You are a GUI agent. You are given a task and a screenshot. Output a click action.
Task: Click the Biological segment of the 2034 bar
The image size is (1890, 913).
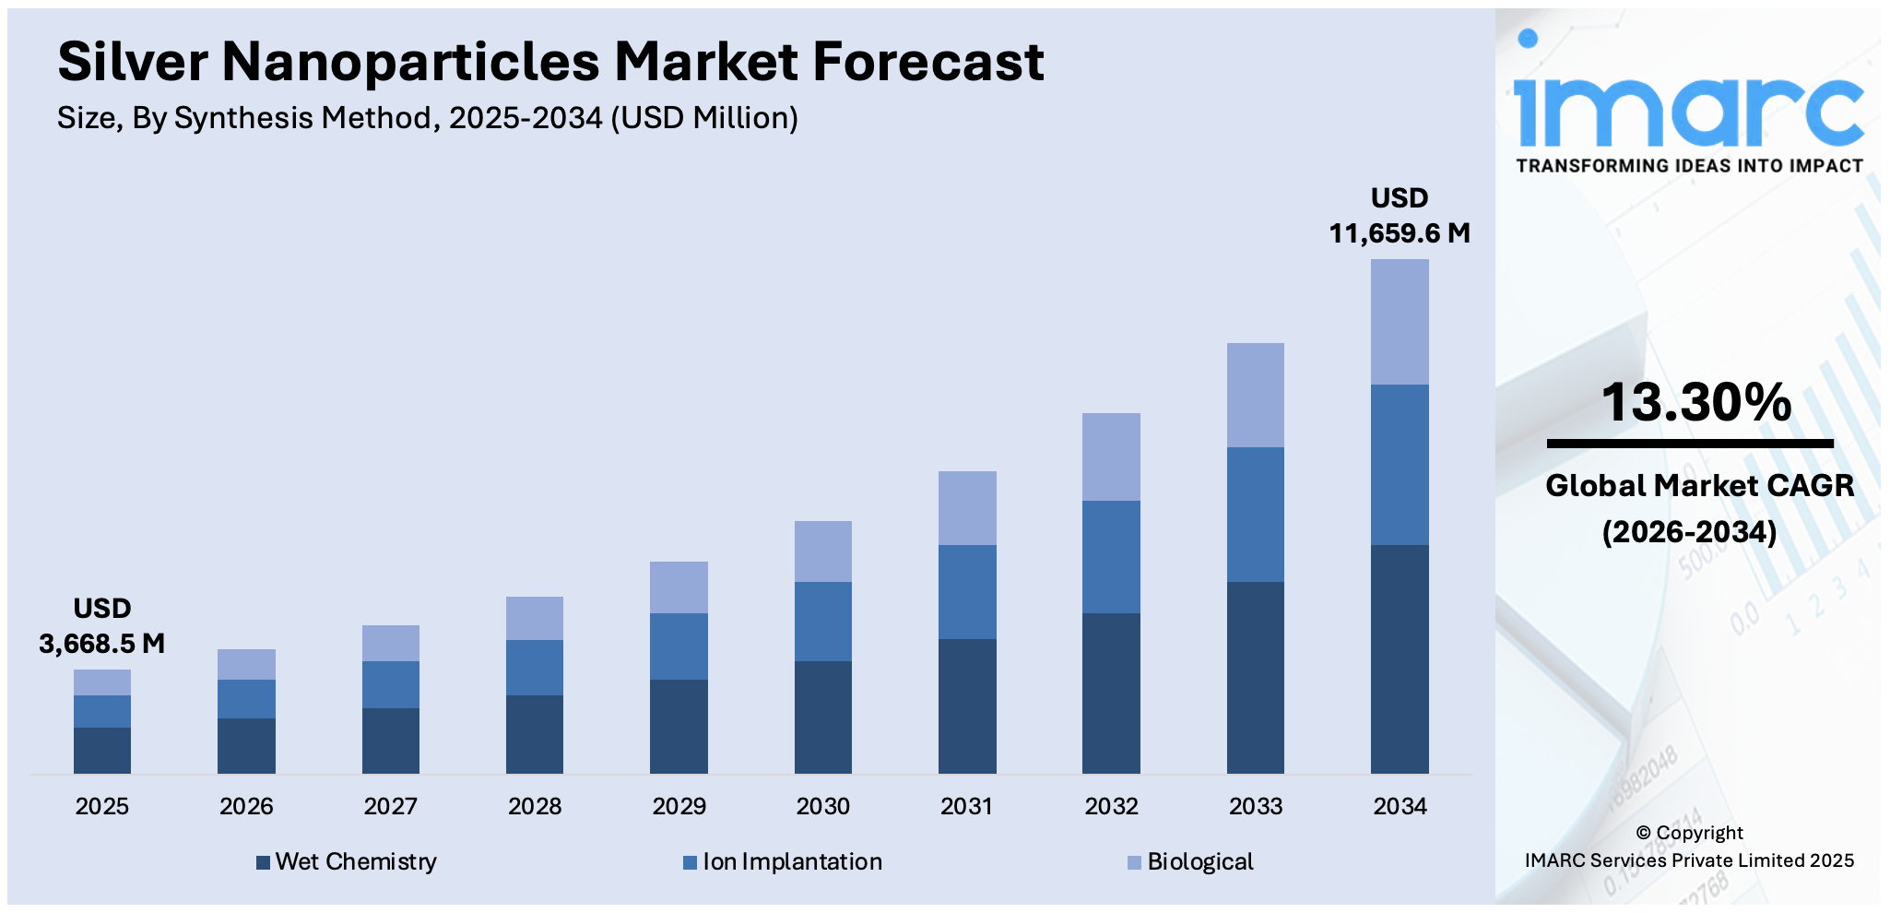pyautogui.click(x=1400, y=321)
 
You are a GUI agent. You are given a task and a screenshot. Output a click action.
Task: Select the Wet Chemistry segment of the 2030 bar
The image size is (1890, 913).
pyautogui.click(x=822, y=717)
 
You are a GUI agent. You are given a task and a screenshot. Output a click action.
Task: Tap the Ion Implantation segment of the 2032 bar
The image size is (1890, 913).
pyautogui.click(x=1111, y=556)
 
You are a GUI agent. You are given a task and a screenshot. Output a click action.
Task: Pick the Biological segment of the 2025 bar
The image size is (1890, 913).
pyautogui.click(x=102, y=682)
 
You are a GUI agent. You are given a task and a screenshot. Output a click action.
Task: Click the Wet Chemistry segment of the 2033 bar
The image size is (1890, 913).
pyautogui.click(x=1255, y=677)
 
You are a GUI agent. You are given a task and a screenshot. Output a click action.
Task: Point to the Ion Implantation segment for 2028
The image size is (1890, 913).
pyautogui.click(x=535, y=667)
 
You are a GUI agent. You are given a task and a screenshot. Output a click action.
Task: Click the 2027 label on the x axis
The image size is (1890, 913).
pyautogui.click(x=390, y=806)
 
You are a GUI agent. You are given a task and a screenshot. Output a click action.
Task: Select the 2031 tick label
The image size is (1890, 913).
pyautogui.click(x=967, y=806)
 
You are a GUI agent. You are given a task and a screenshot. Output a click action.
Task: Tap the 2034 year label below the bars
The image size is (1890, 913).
pyautogui.click(x=1400, y=806)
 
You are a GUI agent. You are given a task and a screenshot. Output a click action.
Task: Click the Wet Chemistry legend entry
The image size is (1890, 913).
pyautogui.click(x=347, y=861)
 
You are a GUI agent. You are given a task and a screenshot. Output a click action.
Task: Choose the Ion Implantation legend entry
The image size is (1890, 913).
pyautogui.click(x=783, y=861)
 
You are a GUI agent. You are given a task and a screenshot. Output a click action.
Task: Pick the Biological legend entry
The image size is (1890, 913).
pyautogui.click(x=1190, y=861)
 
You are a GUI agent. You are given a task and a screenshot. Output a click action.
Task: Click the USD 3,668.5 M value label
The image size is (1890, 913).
pyautogui.click(x=102, y=626)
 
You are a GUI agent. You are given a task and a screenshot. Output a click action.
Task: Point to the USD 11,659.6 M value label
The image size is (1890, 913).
pyautogui.click(x=1400, y=216)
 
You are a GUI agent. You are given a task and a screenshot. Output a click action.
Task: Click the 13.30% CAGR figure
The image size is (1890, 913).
pyautogui.click(x=1695, y=402)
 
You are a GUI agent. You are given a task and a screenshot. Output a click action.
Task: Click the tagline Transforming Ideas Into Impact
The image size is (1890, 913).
pyautogui.click(x=1689, y=166)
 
